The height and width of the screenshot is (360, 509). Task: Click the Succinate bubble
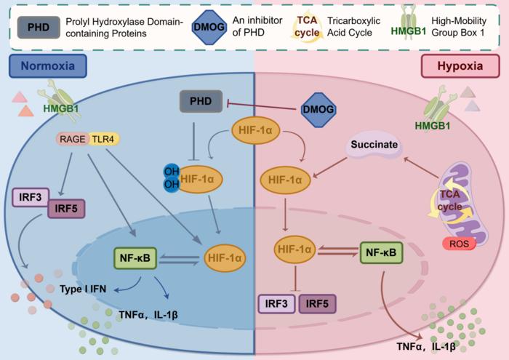pyautogui.click(x=374, y=145)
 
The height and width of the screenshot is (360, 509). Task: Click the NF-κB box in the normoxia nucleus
pyautogui.click(x=135, y=257)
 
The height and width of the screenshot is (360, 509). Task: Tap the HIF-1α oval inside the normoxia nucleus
pyautogui.click(x=225, y=257)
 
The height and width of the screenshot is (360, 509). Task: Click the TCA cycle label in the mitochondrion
pyautogui.click(x=451, y=201)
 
